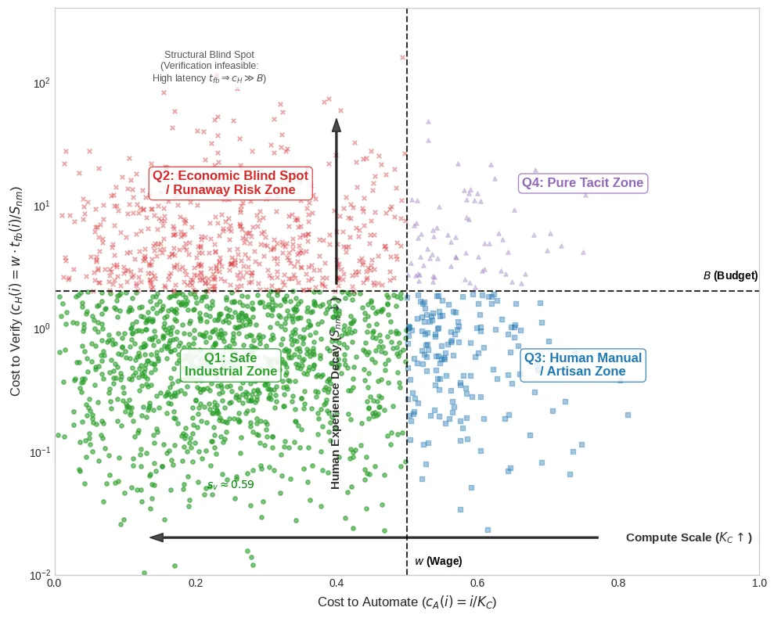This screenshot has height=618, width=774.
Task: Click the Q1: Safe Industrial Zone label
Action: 230,365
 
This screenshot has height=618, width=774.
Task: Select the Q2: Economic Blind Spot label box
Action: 230,183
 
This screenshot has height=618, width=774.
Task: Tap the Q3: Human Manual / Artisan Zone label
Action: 582,365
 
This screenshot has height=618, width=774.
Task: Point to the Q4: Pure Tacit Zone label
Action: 582,183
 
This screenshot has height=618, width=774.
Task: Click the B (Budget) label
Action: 730,275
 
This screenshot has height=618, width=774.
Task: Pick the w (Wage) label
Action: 438,561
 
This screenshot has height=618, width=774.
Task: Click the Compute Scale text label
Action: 689,537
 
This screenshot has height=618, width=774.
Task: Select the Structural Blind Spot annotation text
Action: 209,66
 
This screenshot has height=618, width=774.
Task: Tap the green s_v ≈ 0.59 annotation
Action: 230,485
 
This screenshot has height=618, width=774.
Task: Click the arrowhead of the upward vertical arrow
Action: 337,125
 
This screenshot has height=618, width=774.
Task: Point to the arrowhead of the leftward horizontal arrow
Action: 157,537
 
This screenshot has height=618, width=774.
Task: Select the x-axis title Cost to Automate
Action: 407,602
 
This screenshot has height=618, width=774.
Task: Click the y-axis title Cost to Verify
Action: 16,291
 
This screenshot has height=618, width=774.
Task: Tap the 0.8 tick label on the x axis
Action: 618,583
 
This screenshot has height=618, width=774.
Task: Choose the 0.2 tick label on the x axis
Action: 196,583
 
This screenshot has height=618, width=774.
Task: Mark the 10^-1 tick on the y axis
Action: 39,452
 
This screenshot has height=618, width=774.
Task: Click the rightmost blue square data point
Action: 628,415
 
